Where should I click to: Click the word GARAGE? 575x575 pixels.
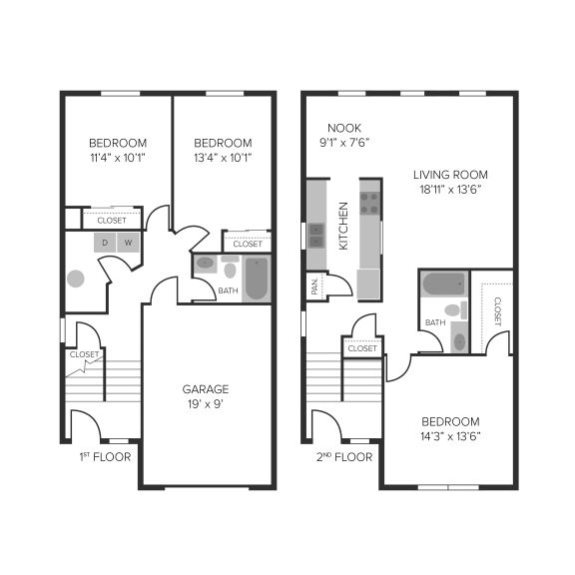(205, 389)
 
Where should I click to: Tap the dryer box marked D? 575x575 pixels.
(105, 243)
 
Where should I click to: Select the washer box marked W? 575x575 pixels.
(128, 243)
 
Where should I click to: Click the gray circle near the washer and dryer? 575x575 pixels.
(75, 279)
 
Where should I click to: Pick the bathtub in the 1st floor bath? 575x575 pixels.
(257, 279)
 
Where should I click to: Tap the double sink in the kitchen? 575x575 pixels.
(315, 236)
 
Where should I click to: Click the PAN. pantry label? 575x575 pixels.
(315, 286)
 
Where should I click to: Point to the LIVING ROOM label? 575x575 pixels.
(449, 174)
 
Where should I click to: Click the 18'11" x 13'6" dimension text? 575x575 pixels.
(449, 190)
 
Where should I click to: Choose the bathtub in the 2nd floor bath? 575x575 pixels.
(440, 285)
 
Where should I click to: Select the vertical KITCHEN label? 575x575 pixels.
(343, 225)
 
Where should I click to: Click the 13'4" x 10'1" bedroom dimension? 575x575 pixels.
(223, 158)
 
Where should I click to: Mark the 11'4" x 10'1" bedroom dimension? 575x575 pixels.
(117, 158)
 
